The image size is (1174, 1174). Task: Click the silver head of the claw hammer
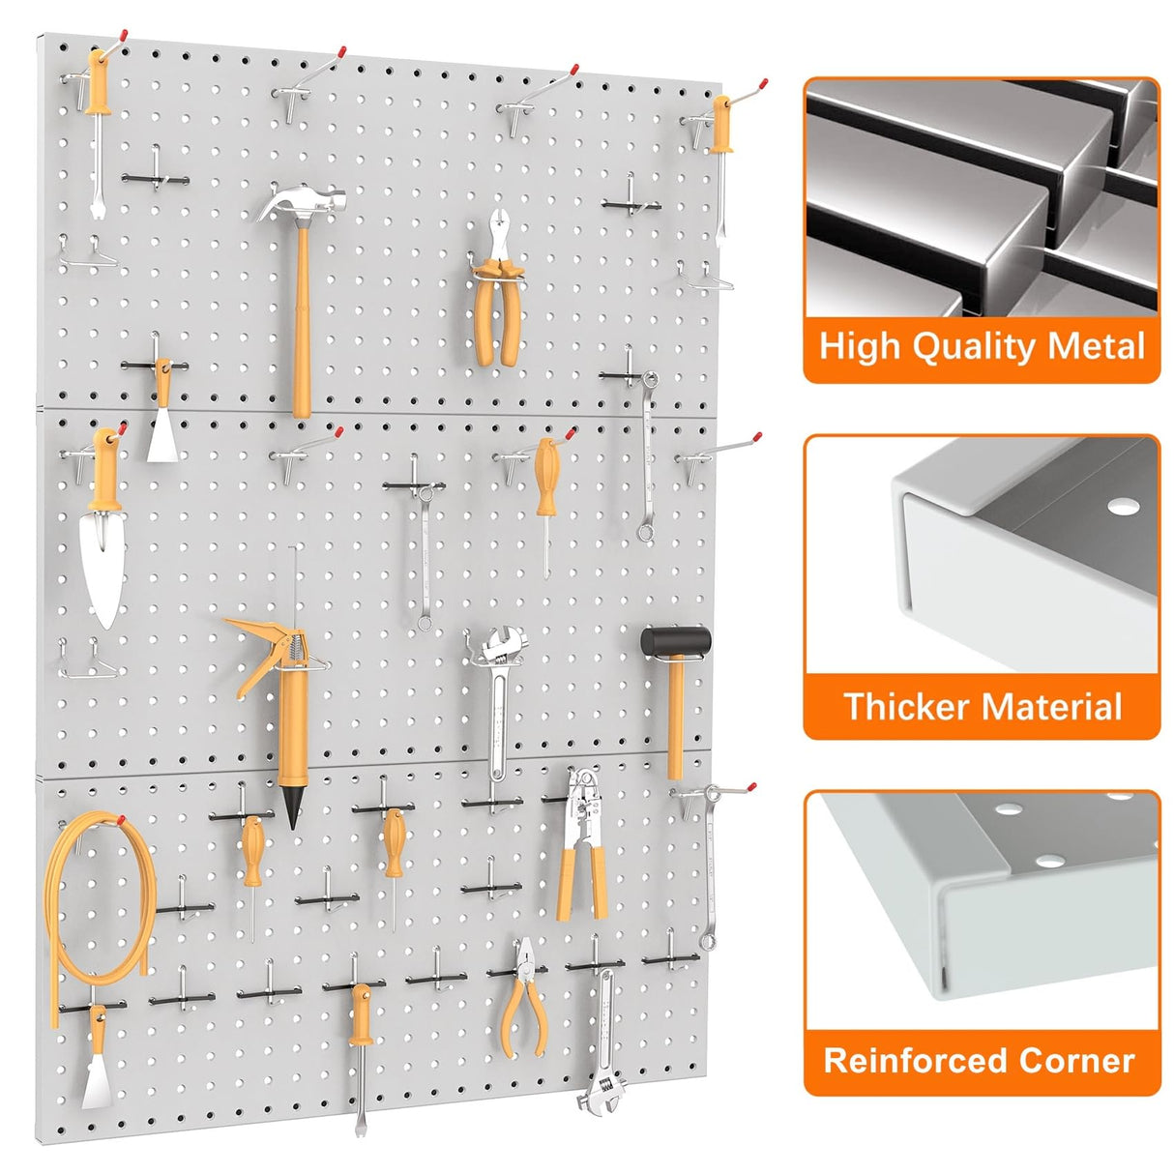pyautogui.click(x=302, y=204)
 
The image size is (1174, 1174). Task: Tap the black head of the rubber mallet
pyautogui.click(x=675, y=640)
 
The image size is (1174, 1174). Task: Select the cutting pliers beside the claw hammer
pyautogui.click(x=498, y=290)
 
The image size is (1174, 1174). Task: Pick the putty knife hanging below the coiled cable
pyautogui.click(x=97, y=1064)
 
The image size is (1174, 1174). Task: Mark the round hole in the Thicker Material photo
pyautogui.click(x=1122, y=506)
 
